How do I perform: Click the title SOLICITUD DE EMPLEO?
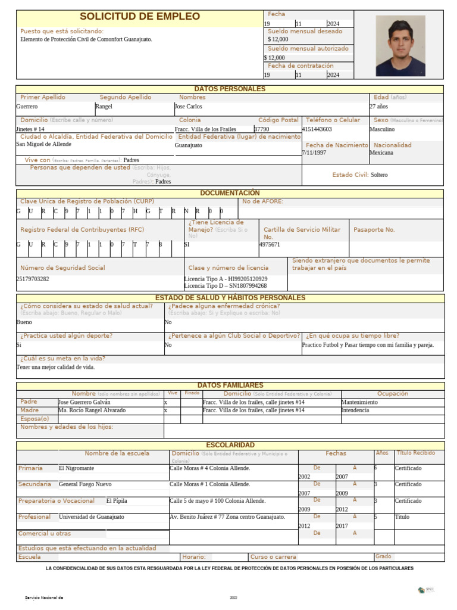pos(140,17)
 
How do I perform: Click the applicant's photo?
pos(400,45)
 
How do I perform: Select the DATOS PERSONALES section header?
pos(230,89)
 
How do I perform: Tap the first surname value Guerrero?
pos(27,107)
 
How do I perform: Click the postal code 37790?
pos(262,129)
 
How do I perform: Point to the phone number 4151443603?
pos(317,129)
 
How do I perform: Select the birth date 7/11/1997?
pos(314,152)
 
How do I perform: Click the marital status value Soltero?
pos(379,175)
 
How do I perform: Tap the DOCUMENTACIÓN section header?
pos(230,193)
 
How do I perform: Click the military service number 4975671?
pos(270,245)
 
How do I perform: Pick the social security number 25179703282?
pos(33,279)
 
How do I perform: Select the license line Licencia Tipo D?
pos(226,286)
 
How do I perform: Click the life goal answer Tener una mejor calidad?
pos(55,367)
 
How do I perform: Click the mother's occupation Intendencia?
pos(355,410)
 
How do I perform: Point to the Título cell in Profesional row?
pos(402,517)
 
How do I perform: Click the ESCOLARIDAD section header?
pos(230,445)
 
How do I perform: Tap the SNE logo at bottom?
pos(426,590)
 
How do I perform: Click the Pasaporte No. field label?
pos(374,229)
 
